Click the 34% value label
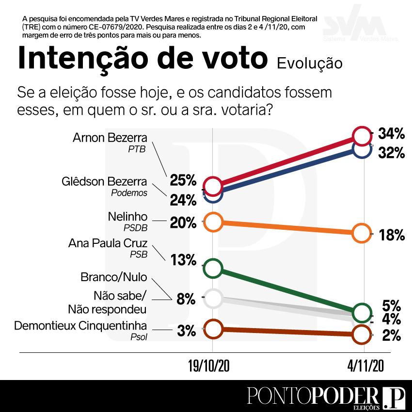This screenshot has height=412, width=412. click(x=391, y=133)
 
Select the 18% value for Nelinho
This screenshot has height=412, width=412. click(x=391, y=236)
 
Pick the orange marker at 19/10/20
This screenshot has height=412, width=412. click(x=213, y=222)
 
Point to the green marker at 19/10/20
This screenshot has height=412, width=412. click(x=213, y=268)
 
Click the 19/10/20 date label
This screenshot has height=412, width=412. click(x=209, y=367)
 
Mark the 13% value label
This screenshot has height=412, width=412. click(x=183, y=260)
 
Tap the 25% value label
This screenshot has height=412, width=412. click(x=183, y=181)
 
